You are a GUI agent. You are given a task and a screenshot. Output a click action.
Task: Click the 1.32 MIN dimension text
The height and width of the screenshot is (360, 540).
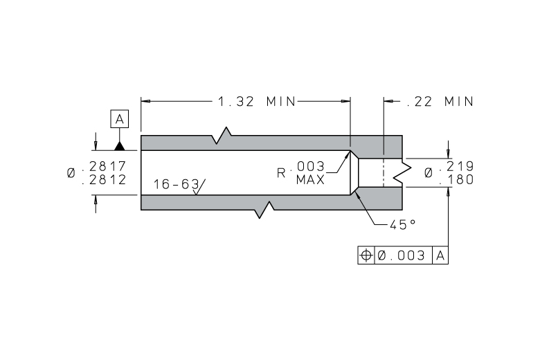257,102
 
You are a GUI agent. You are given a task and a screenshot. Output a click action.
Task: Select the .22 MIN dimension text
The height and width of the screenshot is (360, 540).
440,102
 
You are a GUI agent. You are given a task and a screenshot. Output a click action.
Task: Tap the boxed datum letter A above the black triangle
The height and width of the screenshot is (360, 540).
120,119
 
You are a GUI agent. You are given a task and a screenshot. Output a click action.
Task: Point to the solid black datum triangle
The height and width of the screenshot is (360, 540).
120,145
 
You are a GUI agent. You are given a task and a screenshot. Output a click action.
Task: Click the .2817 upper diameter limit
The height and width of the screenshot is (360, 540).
105,166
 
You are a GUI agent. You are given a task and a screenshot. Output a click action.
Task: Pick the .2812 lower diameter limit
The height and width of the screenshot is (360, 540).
105,180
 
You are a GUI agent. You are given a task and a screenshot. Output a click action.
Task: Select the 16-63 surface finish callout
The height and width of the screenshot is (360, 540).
176,184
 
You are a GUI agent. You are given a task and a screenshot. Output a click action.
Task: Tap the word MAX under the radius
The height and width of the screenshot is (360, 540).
310,180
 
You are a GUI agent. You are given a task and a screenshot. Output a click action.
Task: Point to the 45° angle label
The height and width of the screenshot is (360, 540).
403,224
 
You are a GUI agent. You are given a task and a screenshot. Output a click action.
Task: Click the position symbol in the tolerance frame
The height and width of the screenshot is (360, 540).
366,255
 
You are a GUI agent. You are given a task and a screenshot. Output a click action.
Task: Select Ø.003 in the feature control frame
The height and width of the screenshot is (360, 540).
402,255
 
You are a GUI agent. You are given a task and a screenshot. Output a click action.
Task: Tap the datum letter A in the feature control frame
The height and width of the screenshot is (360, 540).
440,255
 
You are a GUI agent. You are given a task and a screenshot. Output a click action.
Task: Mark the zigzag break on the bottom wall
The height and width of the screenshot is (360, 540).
264,210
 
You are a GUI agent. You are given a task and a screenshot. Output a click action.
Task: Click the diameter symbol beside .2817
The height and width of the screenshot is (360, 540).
71,173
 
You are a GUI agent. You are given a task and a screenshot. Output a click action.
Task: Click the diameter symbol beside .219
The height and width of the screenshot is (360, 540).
429,173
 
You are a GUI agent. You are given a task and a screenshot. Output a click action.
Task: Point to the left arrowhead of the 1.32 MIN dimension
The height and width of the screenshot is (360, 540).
145,101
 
